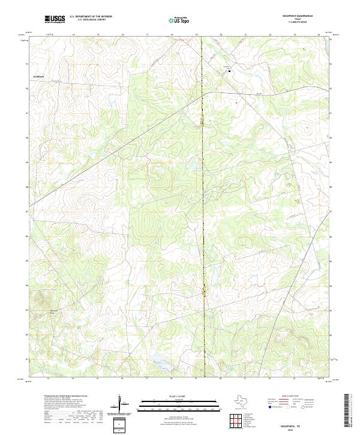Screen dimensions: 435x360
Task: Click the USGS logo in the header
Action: click(x=55, y=19)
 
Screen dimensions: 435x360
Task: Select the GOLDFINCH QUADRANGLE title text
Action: click(x=297, y=16)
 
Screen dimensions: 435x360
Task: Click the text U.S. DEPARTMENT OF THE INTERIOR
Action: click(x=91, y=17)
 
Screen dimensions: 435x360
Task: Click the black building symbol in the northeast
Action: click(x=229, y=71)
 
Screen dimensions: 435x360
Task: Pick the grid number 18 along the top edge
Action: click(x=172, y=35)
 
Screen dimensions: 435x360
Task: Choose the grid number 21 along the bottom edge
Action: click(x=246, y=379)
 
